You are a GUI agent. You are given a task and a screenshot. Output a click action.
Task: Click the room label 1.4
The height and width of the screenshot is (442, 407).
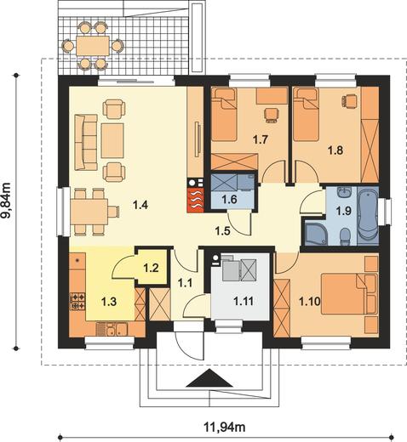140,205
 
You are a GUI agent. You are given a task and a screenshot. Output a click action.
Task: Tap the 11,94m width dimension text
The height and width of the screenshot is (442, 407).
225,427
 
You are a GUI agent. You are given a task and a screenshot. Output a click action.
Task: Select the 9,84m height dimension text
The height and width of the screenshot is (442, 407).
6,201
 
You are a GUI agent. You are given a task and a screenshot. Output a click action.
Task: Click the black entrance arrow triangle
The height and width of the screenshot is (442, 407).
209,378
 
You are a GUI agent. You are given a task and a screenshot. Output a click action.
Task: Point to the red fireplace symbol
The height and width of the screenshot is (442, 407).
196,200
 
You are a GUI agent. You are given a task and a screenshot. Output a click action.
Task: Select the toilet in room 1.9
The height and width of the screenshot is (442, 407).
345,236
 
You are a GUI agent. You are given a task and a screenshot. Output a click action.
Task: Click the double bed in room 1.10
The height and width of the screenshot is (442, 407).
349,294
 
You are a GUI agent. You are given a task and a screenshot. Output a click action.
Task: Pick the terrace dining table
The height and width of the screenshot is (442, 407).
93,45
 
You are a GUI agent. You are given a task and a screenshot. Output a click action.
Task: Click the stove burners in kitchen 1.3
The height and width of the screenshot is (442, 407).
77,301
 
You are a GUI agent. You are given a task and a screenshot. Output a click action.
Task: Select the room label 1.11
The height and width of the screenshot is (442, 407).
244,301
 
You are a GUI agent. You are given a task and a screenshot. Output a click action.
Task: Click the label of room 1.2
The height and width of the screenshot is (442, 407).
151,268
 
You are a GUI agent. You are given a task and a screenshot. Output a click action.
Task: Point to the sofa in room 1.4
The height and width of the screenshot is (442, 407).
86,142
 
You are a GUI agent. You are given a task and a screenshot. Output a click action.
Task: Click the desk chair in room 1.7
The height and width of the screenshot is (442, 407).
271,115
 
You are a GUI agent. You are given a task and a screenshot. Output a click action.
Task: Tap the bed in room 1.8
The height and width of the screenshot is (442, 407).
306,114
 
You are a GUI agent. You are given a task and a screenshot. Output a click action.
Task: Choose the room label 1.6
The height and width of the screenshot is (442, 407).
229,200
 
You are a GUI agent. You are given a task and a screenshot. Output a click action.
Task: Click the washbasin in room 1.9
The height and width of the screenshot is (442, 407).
345,192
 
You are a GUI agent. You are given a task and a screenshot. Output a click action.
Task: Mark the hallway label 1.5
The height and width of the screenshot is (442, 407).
222,231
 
